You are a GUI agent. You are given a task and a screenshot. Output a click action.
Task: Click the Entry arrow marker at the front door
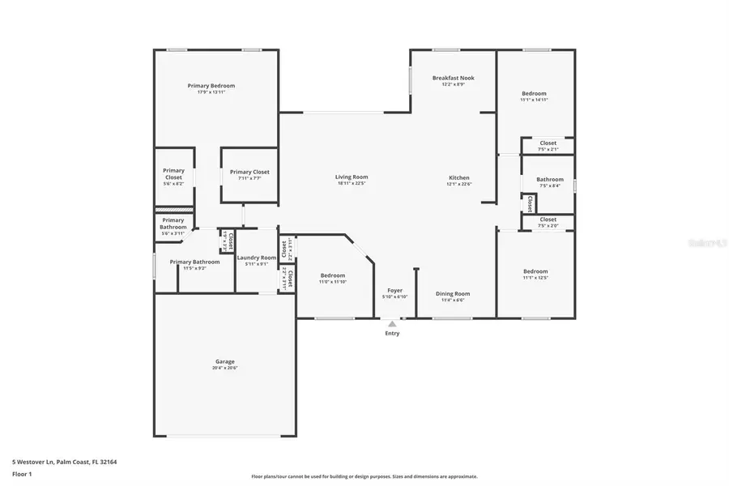[392, 324]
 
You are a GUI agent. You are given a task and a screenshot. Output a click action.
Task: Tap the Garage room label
[224, 361]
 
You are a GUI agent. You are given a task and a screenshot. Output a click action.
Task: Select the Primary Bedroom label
[211, 86]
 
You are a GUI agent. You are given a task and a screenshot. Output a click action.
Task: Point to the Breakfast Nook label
[453, 78]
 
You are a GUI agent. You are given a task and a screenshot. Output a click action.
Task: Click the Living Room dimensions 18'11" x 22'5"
[352, 184]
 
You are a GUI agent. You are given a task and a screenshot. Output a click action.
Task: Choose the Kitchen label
[459, 178]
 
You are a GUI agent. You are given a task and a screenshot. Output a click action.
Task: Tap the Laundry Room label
[257, 258]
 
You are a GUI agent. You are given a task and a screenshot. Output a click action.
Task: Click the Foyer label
[394, 290]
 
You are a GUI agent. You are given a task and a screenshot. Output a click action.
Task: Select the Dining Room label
[453, 294]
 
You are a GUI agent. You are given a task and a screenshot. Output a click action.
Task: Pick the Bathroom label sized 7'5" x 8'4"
[549, 179]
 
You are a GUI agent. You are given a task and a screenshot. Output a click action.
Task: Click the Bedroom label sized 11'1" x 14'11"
[534, 93]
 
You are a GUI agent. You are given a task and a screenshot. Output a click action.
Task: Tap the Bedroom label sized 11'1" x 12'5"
[535, 271]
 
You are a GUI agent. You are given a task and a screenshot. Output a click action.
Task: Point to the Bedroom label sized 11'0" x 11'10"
[332, 275]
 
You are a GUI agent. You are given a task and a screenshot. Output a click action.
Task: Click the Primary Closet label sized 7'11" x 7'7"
[249, 172]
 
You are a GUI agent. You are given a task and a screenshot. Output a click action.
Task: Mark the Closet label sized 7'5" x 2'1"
[548, 143]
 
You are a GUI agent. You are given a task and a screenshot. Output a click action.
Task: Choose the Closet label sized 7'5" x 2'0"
[548, 219]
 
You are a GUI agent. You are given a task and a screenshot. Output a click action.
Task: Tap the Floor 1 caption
[23, 473]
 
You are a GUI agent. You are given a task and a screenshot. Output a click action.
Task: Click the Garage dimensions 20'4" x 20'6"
[224, 368]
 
